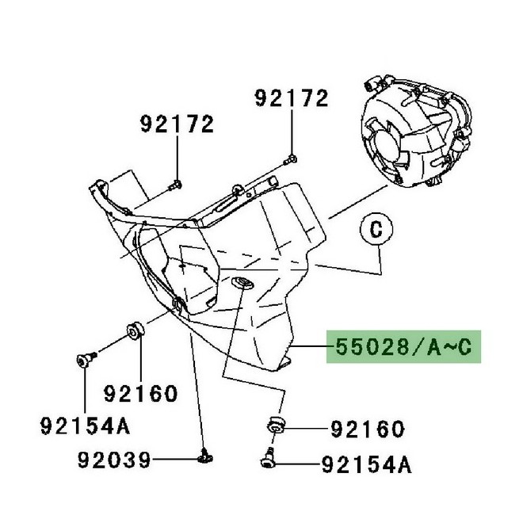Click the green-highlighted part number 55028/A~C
(x=403, y=347)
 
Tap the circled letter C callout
(x=376, y=230)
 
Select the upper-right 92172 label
(x=292, y=98)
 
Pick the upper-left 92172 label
(x=177, y=124)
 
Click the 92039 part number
(x=114, y=460)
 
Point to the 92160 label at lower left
(x=140, y=394)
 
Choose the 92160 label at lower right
(x=368, y=429)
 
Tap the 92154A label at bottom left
(x=85, y=426)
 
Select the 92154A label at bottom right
(x=367, y=464)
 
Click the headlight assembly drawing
(x=417, y=132)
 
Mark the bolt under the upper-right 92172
(x=290, y=160)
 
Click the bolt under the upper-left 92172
(x=175, y=185)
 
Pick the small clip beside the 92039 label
(x=204, y=456)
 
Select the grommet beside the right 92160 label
(x=277, y=424)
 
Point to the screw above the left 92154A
(x=86, y=360)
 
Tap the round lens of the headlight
(x=385, y=147)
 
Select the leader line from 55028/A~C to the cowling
(x=311, y=347)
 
